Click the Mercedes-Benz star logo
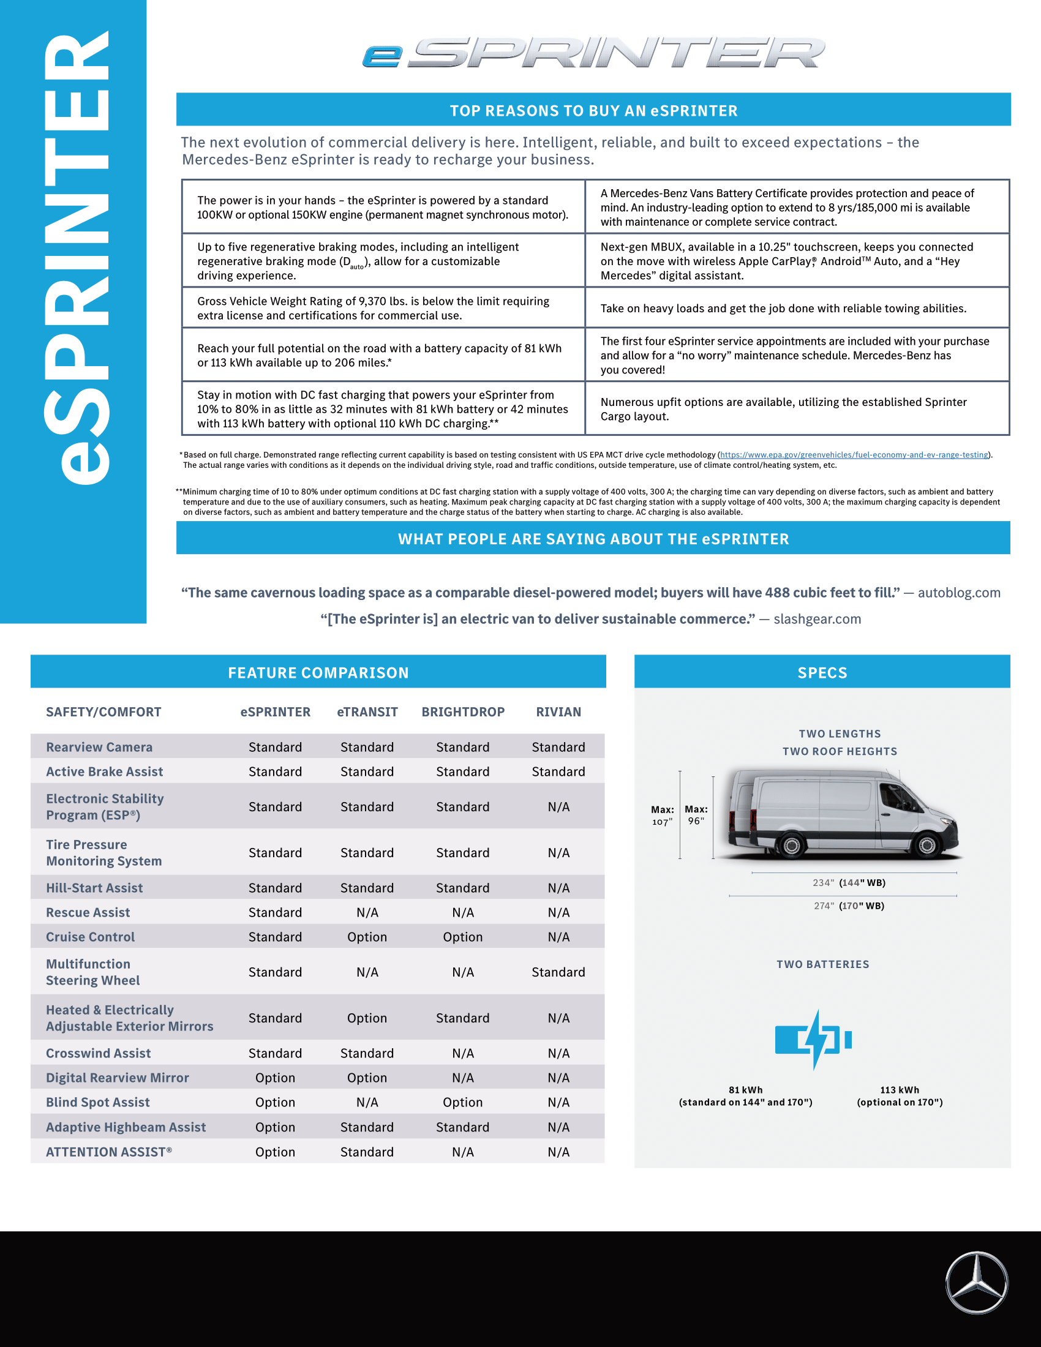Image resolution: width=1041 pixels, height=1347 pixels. point(976,1282)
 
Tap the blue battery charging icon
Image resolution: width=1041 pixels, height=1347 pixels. point(813,1040)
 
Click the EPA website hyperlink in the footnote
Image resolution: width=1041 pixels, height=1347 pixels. point(854,454)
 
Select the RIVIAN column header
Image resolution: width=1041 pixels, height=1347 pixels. point(558,711)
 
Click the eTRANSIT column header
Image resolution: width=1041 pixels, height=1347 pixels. point(367,711)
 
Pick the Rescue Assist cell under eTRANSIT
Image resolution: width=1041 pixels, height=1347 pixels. point(367,912)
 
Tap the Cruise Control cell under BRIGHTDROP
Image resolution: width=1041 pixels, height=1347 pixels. point(462,937)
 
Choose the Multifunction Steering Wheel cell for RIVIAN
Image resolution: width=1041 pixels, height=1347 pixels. point(558,972)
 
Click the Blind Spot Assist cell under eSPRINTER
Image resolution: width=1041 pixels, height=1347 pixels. point(275,1102)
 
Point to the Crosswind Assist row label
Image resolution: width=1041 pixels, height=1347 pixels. point(98,1054)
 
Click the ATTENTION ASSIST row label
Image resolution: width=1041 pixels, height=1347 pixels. point(108,1152)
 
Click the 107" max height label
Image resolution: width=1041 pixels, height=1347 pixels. point(663,816)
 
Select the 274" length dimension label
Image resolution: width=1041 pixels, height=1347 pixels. point(849,906)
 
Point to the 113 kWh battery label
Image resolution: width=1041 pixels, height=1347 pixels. point(899,1096)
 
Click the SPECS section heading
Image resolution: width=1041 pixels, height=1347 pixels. point(822,672)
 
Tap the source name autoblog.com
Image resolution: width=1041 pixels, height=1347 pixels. point(958,593)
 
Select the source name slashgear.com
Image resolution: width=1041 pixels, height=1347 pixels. point(817,619)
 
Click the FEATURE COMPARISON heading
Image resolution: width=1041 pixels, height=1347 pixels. point(318,672)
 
